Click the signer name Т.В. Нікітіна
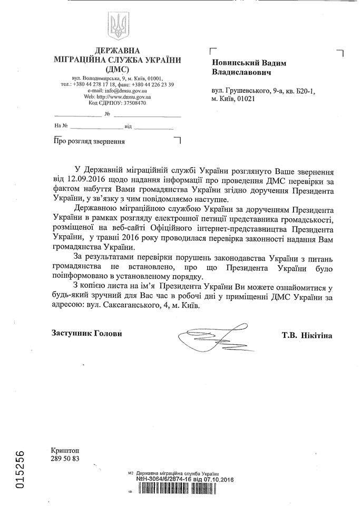pos(307,334)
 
